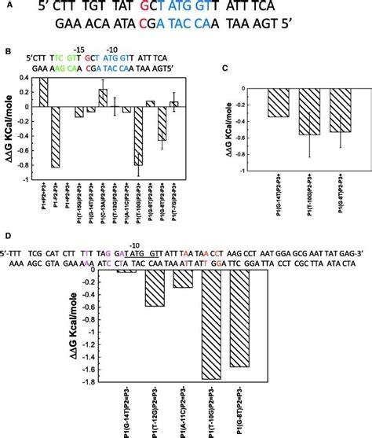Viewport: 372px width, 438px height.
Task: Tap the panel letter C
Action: pyautogui.click(x=226, y=69)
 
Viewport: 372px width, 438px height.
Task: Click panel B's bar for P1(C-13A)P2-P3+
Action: pyautogui.click(x=102, y=98)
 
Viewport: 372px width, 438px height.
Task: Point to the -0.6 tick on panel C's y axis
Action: pyautogui.click(x=249, y=138)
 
